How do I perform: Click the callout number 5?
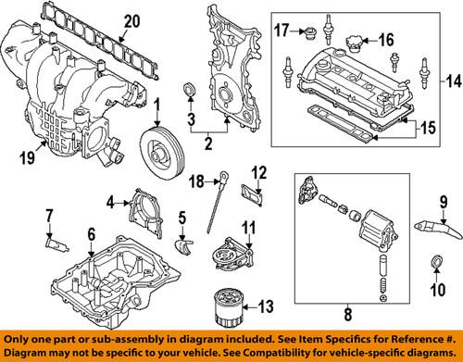point(182,218)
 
